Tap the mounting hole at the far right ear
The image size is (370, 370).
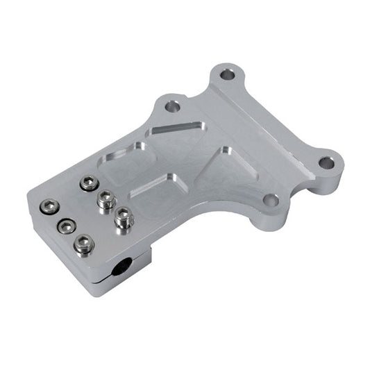click(x=326, y=163)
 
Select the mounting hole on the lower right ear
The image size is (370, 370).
click(x=271, y=201)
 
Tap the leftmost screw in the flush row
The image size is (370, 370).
click(x=48, y=206)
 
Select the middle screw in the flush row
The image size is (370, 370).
click(x=66, y=226)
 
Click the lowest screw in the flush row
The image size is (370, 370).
click(x=84, y=244)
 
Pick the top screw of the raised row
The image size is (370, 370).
click(x=88, y=183)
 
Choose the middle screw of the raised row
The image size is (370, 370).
click(x=106, y=201)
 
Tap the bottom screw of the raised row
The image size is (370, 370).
click(x=124, y=219)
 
